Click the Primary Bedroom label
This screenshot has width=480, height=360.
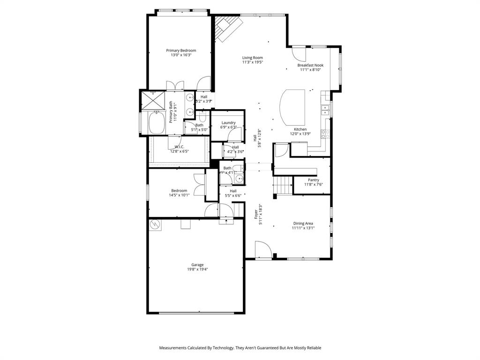point(181,50)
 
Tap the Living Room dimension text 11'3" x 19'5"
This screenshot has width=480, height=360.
point(252,62)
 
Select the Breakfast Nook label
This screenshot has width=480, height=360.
point(310,65)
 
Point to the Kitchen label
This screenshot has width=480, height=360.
point(300,129)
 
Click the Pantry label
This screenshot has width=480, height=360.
point(313,180)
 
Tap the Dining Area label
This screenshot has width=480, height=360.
point(303,224)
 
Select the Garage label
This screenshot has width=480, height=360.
point(197,265)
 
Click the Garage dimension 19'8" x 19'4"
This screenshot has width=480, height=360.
point(197,270)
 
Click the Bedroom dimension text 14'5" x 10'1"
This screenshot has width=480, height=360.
point(179,195)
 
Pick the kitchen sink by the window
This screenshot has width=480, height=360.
point(325,110)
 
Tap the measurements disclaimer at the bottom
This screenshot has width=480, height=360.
point(240,348)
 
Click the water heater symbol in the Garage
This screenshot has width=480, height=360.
point(155,225)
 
